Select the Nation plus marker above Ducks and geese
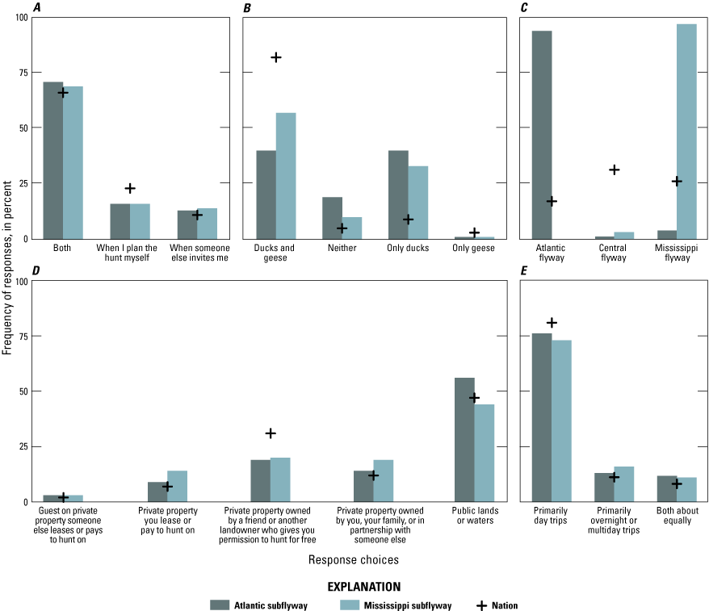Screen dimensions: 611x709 pyautogui.click(x=276, y=57)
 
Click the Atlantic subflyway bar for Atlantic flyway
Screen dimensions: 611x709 pyautogui.click(x=542, y=134)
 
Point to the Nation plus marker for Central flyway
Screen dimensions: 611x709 pyautogui.click(x=615, y=169)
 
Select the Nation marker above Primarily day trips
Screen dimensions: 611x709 pyautogui.click(x=552, y=323)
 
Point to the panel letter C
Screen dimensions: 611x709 pyautogui.click(x=524, y=9)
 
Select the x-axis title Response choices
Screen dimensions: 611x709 pyautogui.click(x=353, y=558)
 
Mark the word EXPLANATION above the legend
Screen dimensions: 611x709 pyautogui.click(x=354, y=586)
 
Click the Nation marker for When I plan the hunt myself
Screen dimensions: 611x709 pyautogui.click(x=130, y=188)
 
